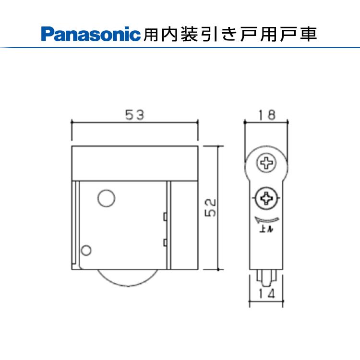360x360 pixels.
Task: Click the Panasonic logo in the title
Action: click(91, 34)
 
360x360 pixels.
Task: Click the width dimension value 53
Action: click(135, 115)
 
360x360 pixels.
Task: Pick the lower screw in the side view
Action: click(265, 197)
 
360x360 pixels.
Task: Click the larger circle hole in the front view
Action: click(106, 197)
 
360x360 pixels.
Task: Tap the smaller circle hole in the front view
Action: click(86, 250)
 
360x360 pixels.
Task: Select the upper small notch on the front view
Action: click(165, 216)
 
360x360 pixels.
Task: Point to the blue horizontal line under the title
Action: click(192, 47)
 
